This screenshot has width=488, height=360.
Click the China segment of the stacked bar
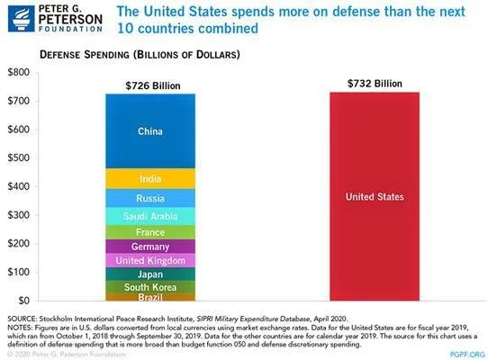149,131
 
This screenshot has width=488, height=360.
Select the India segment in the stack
149,178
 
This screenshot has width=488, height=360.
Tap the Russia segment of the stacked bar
149,198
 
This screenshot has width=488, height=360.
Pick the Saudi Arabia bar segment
149,216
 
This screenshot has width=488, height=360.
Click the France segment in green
149,232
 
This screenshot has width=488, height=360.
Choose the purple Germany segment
149,247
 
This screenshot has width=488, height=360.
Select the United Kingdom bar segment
149,260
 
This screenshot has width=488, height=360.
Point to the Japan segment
149,274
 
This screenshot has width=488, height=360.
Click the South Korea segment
149,287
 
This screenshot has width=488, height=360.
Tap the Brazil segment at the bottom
149,297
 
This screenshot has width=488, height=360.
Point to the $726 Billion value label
149,85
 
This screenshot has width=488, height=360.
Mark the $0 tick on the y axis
24,301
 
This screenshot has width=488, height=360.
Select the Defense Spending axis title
139,55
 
